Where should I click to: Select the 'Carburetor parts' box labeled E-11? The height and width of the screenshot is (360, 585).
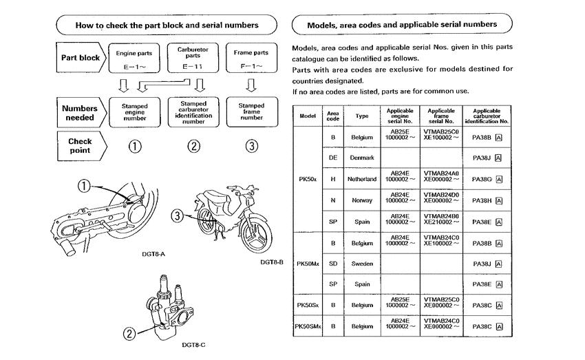click(193, 59)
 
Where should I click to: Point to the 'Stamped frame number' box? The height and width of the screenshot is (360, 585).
click(251, 112)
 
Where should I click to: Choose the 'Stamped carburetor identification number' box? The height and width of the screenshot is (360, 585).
click(193, 112)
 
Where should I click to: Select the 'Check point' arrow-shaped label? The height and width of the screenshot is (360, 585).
click(80, 145)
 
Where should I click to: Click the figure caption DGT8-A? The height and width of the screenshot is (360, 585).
click(140, 253)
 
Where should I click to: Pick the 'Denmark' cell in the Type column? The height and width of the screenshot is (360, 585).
click(361, 158)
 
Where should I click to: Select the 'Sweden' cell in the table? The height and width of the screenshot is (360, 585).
click(361, 263)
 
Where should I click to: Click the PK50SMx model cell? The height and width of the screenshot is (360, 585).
click(308, 326)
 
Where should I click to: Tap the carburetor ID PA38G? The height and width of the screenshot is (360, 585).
click(486, 179)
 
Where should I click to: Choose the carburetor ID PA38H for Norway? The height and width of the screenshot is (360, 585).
click(486, 200)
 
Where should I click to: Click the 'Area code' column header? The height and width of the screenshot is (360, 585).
click(333, 116)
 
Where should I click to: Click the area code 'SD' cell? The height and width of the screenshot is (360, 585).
click(333, 263)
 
